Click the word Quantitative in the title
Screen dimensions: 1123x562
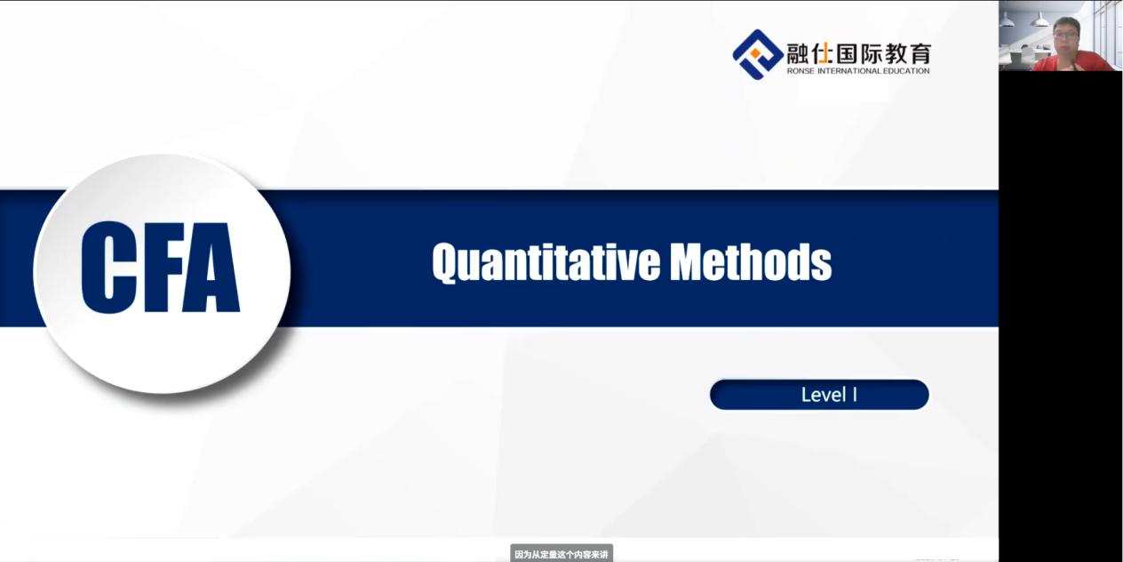[x=546, y=262]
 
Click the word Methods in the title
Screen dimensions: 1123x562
[x=751, y=261]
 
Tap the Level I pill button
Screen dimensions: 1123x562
[x=819, y=395]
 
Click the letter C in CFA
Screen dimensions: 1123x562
[x=108, y=268]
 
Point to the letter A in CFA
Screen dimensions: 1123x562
[x=212, y=268]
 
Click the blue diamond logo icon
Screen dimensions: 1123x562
[x=758, y=54]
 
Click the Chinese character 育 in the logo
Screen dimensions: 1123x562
[x=920, y=53]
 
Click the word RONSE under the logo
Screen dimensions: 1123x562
[x=800, y=71]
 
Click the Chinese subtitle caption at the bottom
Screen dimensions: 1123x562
[x=561, y=555]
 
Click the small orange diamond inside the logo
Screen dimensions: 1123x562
[x=755, y=53]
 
